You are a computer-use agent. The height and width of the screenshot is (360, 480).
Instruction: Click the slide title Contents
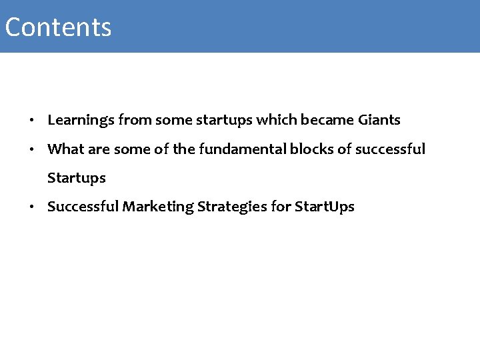click(x=58, y=27)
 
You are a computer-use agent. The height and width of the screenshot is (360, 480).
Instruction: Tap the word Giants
click(x=379, y=120)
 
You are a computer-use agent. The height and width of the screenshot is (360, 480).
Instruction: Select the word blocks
click(x=311, y=149)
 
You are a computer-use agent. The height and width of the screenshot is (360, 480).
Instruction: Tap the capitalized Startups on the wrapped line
click(x=77, y=178)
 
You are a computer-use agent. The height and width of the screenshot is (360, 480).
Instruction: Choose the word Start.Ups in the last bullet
click(x=324, y=207)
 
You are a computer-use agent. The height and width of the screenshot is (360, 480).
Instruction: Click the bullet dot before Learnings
click(x=31, y=121)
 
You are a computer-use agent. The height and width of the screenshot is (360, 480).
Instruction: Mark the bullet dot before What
click(x=31, y=150)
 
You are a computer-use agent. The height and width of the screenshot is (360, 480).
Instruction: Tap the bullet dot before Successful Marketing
click(x=31, y=207)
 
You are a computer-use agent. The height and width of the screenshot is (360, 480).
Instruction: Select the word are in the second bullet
click(x=97, y=149)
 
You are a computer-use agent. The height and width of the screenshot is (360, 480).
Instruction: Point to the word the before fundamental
click(x=184, y=149)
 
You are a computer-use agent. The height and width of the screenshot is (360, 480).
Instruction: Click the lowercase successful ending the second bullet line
click(x=390, y=149)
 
